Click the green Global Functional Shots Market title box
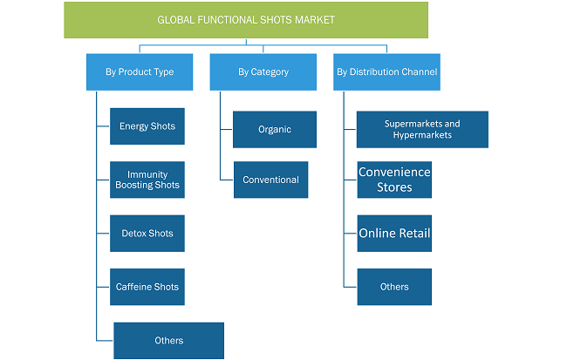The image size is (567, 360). [x=246, y=20]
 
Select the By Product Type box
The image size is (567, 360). [x=140, y=72]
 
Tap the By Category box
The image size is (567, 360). [x=263, y=72]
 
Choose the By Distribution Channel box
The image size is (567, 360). [x=386, y=72]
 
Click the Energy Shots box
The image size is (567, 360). [x=147, y=126]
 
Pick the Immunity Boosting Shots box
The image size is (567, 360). [x=147, y=180]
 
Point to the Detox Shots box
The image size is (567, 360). [x=147, y=233]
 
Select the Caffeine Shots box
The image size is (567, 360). [x=147, y=287]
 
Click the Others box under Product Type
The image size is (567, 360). [x=169, y=341]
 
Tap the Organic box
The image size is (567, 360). [x=275, y=129]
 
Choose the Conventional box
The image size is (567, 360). [x=270, y=180]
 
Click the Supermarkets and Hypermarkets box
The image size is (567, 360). [x=422, y=129]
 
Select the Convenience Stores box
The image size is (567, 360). [x=394, y=180]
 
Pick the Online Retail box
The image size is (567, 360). [x=394, y=233]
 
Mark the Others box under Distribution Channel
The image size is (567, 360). [x=394, y=287]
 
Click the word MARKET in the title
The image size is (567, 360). [x=315, y=20]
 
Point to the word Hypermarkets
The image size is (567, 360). [x=422, y=135]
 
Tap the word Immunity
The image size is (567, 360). [x=147, y=174]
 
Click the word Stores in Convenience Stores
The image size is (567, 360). [x=394, y=187]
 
